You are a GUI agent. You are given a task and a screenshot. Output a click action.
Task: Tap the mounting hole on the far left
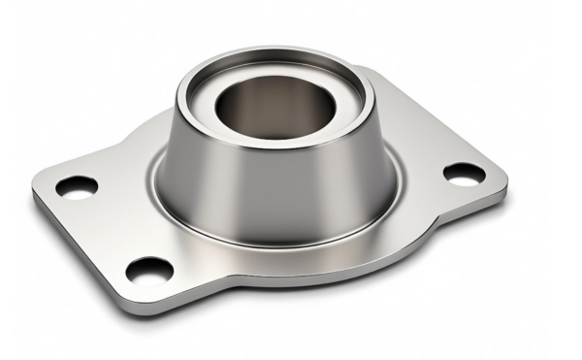77,186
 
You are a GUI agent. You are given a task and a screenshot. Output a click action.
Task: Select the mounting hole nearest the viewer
149,269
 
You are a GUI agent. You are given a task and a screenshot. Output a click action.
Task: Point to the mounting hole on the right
464,174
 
